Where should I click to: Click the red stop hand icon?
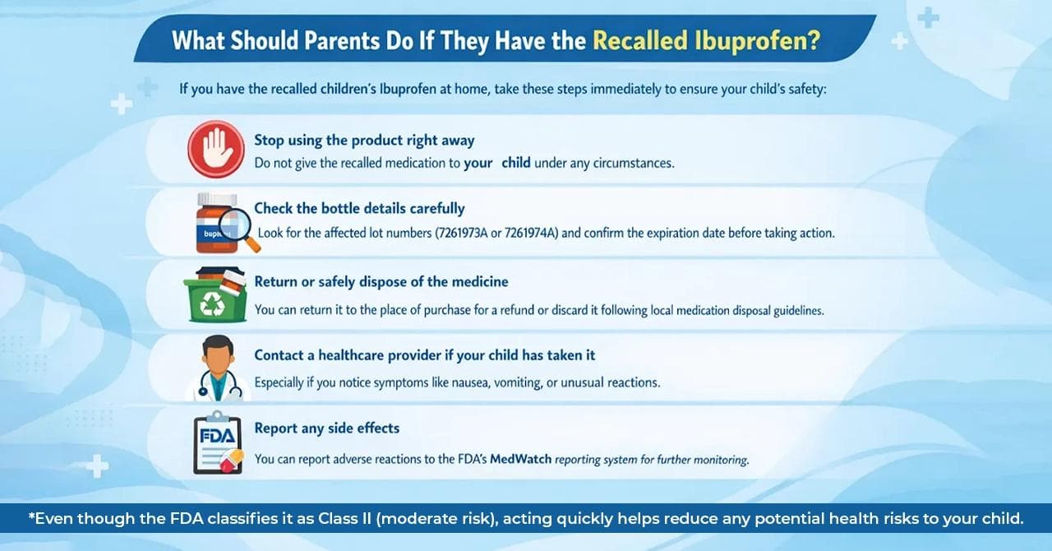(215, 149)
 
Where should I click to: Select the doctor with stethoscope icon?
(217, 369)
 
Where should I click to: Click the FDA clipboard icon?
(218, 444)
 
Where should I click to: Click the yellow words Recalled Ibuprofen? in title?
(705, 41)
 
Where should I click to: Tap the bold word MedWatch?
(521, 459)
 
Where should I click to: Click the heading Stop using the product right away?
(364, 140)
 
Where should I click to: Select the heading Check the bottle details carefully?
(359, 208)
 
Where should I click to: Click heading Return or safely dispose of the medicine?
(381, 281)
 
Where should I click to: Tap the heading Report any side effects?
(326, 428)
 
